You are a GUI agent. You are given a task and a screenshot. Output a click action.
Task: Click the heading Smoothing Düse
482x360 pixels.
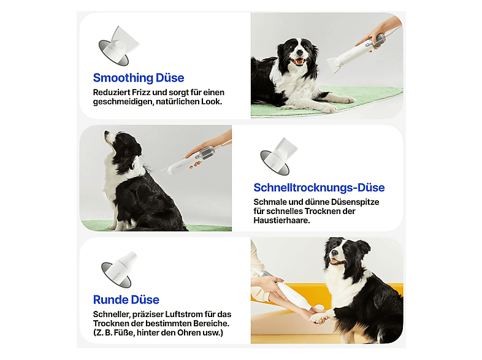(x=139, y=78)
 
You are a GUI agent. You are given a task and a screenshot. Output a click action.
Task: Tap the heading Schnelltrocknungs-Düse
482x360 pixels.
(x=319, y=188)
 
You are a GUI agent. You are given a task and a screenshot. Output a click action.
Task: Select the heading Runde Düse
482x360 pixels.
(x=126, y=300)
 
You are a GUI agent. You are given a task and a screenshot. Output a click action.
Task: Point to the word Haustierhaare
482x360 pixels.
(x=281, y=220)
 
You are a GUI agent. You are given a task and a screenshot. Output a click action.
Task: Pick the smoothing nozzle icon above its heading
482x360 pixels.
(x=119, y=46)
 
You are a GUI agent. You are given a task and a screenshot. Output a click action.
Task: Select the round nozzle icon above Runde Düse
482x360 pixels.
(x=119, y=270)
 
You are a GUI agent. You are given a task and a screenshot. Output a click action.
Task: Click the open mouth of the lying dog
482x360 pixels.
(x=297, y=61)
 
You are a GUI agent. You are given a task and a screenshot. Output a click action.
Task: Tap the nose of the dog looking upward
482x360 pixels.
(x=107, y=133)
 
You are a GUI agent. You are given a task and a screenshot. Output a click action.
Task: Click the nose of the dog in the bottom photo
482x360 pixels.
(x=334, y=253)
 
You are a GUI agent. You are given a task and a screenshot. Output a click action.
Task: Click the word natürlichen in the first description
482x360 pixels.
(x=177, y=101)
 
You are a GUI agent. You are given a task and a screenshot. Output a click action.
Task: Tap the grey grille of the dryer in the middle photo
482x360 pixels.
(x=207, y=153)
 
